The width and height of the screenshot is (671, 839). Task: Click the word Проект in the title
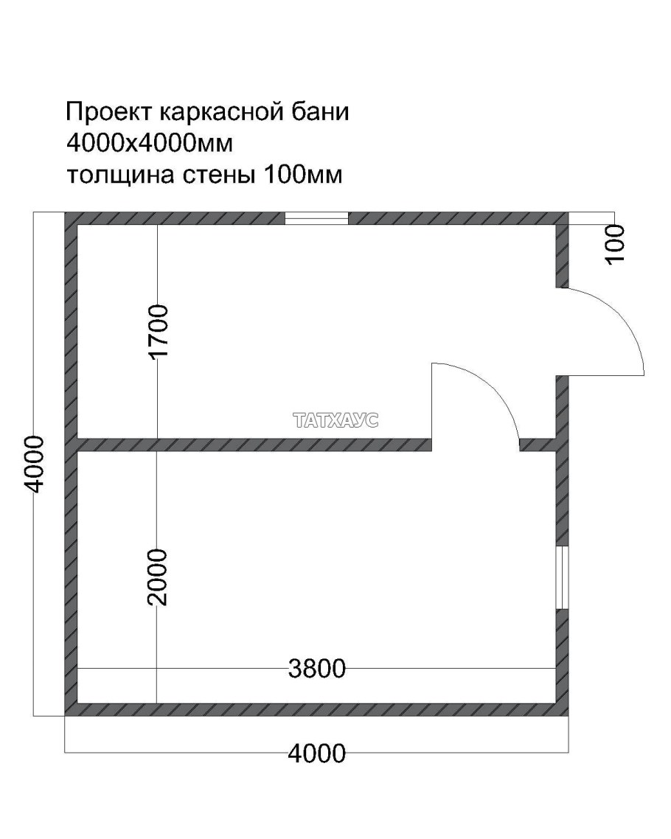coord(108,113)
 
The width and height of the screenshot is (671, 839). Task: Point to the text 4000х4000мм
coord(150,144)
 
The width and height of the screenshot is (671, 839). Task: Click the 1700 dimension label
coord(159,331)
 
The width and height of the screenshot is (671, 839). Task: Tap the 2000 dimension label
coord(157,577)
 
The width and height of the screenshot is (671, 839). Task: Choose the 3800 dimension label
coord(317,669)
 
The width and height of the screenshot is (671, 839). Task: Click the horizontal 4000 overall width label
coord(317,753)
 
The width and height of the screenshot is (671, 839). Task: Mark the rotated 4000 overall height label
coord(35,464)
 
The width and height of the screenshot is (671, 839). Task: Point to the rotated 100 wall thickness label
coord(614,243)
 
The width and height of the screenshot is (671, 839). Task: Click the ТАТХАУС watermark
coord(335,421)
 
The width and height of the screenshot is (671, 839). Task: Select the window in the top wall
coord(316,217)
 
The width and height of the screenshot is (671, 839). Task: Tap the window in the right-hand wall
coord(563,578)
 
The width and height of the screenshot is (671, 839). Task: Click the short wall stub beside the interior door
coord(538,445)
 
